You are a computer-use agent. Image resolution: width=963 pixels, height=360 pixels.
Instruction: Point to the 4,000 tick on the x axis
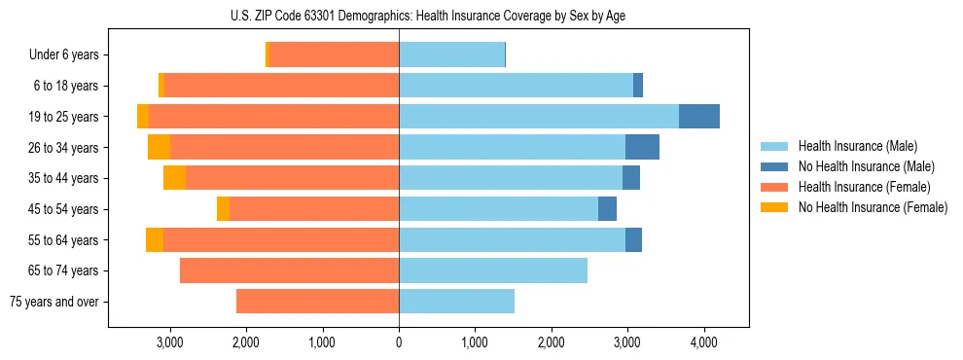click(x=703, y=342)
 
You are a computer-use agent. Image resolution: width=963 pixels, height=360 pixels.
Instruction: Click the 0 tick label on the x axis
click(x=399, y=342)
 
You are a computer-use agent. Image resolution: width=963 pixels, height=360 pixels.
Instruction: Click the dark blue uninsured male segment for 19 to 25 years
click(x=699, y=117)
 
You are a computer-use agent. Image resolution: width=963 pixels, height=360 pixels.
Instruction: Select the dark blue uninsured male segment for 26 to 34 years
click(x=642, y=148)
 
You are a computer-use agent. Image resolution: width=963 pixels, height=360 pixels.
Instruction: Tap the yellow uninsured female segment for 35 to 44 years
click(x=174, y=178)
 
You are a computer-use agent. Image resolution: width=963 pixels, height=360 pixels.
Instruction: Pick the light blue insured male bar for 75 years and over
click(x=456, y=302)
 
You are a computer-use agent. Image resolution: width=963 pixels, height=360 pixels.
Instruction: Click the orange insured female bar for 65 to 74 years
click(x=289, y=270)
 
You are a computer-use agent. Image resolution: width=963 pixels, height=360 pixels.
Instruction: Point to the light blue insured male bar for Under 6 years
click(x=451, y=55)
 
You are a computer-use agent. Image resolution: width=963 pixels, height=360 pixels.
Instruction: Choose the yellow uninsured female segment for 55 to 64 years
click(x=154, y=240)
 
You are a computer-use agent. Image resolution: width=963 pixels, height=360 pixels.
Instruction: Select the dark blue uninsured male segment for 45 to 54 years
click(x=607, y=209)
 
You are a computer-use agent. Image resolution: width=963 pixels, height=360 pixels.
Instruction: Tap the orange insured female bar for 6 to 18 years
click(x=281, y=86)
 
